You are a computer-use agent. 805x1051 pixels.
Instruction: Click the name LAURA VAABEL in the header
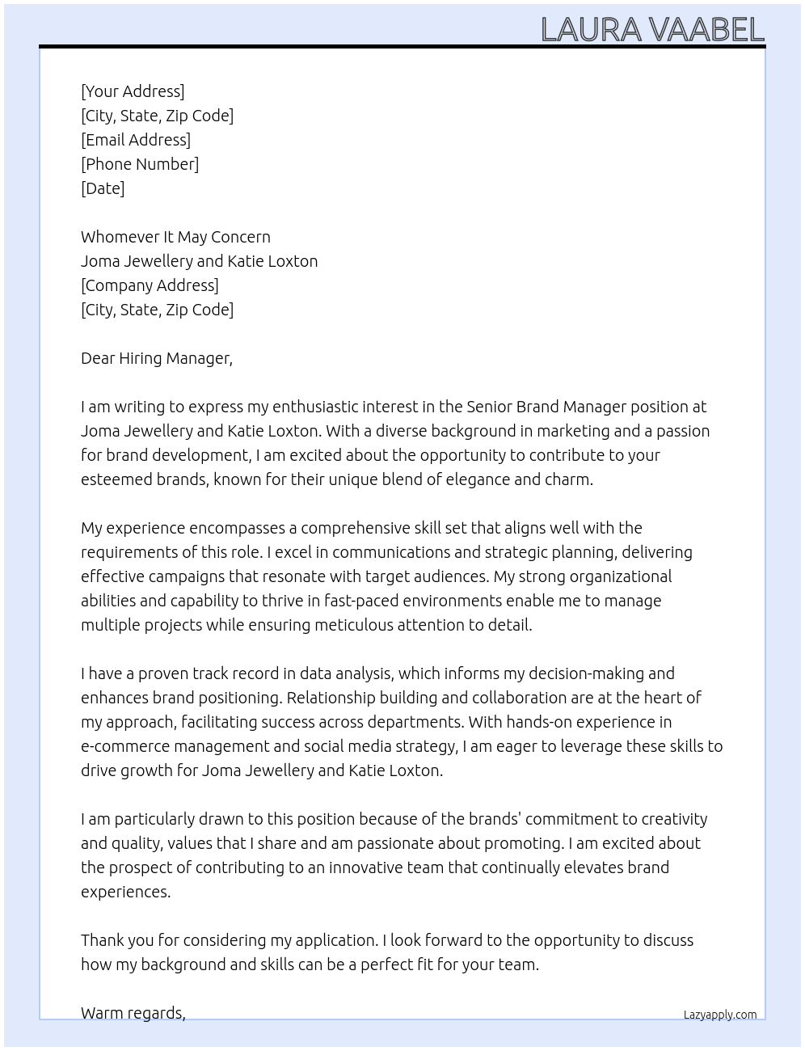652,30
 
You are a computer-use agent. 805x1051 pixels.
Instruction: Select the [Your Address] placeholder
133,91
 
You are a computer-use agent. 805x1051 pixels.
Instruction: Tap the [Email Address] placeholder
136,140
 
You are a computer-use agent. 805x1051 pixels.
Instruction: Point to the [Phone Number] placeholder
140,164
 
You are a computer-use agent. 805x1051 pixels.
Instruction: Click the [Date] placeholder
103,188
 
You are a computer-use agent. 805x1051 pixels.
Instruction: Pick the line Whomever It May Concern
175,237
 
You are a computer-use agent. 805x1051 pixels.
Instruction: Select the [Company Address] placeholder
150,285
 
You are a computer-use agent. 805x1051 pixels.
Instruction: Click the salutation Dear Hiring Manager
156,358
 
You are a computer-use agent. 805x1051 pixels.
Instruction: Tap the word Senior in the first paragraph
488,407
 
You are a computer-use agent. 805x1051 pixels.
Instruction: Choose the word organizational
621,576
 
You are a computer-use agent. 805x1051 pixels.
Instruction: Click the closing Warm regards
133,1013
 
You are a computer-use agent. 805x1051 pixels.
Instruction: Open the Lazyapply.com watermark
719,1015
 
